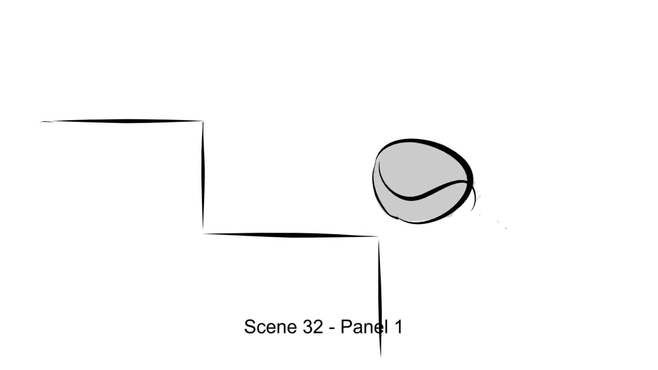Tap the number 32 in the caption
coord(313,326)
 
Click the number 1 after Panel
coord(398,326)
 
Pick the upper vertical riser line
coord(203,175)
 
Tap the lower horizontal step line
coord(291,235)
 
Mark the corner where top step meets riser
coord(203,121)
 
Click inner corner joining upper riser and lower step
coord(203,233)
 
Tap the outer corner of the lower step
coord(378,236)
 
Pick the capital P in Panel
coord(346,326)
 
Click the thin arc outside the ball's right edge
coord(474,199)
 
